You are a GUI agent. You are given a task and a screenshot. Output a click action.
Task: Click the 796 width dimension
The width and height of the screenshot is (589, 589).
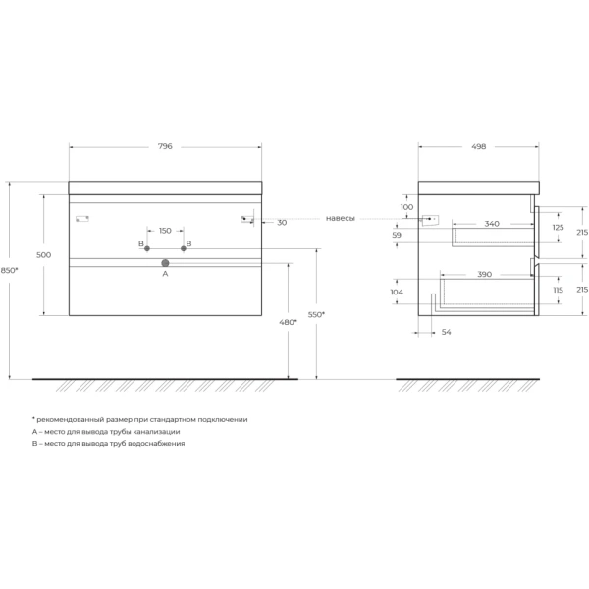pyautogui.click(x=165, y=146)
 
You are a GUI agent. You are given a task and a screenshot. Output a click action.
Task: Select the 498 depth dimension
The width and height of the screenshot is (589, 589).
pyautogui.click(x=478, y=146)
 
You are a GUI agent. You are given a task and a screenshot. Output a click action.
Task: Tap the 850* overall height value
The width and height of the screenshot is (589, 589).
pyautogui.click(x=9, y=271)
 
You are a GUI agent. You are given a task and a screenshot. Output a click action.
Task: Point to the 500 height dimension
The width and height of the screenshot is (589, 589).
pyautogui.click(x=43, y=255)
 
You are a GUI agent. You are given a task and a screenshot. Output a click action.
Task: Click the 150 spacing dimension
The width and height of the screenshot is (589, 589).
pyautogui.click(x=165, y=231)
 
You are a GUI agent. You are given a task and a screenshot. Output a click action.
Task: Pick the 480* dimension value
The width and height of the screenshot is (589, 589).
pyautogui.click(x=288, y=322)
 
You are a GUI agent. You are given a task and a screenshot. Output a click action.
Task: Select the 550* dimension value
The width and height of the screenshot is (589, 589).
pyautogui.click(x=316, y=315)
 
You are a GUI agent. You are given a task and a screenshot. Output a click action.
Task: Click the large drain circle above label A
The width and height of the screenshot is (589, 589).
pyautogui.click(x=165, y=263)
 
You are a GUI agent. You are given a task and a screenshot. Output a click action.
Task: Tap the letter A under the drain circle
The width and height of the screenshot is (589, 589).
pyautogui.click(x=165, y=275)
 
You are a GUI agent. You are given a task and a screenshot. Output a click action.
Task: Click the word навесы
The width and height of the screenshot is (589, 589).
pyautogui.click(x=340, y=218)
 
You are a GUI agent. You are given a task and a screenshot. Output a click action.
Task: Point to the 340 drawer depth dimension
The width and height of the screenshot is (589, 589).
pyautogui.click(x=491, y=224)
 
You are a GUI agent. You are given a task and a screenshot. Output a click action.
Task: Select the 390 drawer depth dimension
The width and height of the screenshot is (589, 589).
pyautogui.click(x=484, y=275)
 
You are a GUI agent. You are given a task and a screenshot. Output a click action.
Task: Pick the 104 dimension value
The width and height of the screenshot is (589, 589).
pyautogui.click(x=397, y=293)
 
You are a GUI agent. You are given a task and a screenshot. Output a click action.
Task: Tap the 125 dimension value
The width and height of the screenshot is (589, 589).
pyautogui.click(x=558, y=228)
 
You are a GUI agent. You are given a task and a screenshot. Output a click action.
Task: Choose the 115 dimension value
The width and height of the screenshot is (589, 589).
pyautogui.click(x=558, y=291)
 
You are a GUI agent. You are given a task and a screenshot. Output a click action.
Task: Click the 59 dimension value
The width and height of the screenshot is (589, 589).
pyautogui.click(x=397, y=236)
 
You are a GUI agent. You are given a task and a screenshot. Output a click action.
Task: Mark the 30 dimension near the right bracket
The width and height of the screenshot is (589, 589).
pyautogui.click(x=282, y=223)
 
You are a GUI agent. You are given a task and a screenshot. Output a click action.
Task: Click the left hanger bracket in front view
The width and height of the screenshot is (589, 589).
pyautogui.click(x=82, y=218)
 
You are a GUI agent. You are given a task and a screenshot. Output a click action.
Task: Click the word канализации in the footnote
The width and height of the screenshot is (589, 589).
pyautogui.click(x=156, y=431)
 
